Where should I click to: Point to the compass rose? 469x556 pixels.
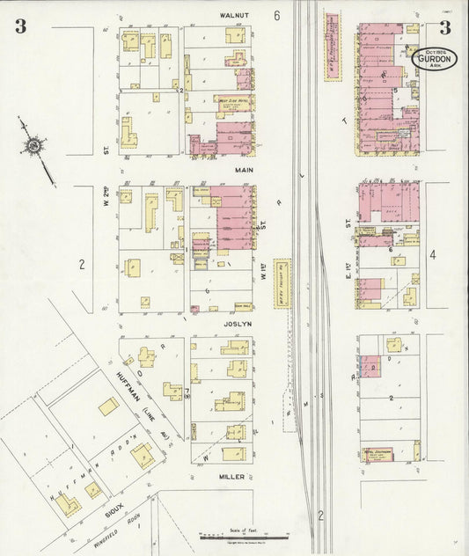(x=34, y=145)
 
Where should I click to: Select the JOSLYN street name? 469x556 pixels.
(x=237, y=323)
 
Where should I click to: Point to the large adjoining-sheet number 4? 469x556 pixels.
(x=432, y=256)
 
